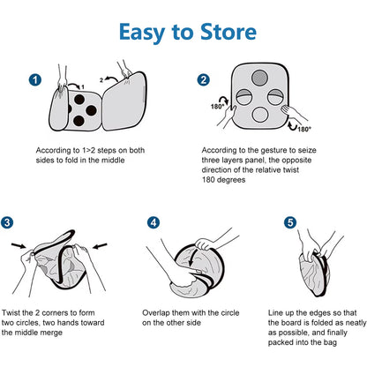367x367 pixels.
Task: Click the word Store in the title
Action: (228, 32)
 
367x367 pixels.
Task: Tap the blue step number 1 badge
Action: (35, 80)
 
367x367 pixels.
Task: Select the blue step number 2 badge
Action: (203, 79)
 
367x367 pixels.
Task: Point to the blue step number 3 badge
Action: (7, 222)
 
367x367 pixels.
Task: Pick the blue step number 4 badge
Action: (154, 222)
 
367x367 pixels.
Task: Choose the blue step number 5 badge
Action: (290, 222)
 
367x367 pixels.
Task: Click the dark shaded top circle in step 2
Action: (259, 78)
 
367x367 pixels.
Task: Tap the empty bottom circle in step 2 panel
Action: (260, 115)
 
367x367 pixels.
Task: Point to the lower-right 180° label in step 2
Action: (304, 130)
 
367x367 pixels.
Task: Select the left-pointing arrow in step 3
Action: (100, 245)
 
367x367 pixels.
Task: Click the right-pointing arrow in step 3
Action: (19, 246)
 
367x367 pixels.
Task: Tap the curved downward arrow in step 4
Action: (192, 256)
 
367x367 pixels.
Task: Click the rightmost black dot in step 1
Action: (92, 110)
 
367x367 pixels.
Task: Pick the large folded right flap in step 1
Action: (124, 101)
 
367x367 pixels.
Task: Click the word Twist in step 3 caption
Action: (11, 313)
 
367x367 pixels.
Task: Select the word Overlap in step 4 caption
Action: (156, 313)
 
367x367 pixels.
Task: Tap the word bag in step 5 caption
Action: (331, 342)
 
